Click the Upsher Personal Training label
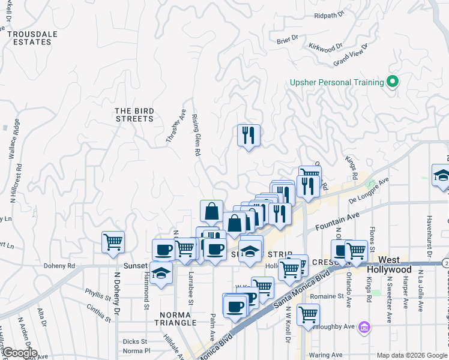point(336,82)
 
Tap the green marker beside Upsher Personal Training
point(393,82)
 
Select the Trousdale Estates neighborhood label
point(29,38)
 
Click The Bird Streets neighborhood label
point(134,115)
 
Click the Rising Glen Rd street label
point(194,137)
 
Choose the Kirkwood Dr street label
point(325,46)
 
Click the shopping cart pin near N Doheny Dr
point(113,242)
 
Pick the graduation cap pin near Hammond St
point(160,274)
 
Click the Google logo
point(20,353)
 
